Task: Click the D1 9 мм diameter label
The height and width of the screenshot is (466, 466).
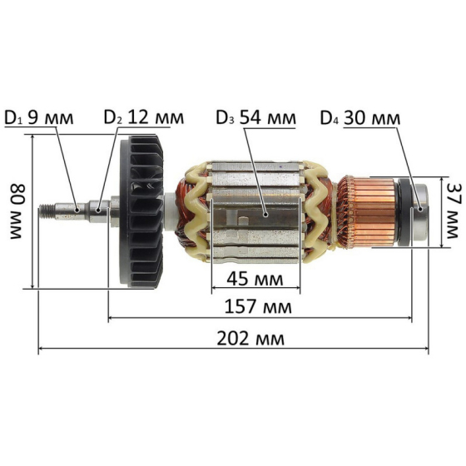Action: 39,118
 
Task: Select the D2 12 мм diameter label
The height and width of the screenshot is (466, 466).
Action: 144,117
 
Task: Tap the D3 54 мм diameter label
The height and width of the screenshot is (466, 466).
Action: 256,117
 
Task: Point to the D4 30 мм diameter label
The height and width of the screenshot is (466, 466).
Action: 360,118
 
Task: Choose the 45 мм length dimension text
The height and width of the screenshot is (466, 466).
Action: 255,279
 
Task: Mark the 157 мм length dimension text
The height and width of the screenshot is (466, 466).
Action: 258,306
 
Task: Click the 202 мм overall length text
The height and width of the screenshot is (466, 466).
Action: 250,338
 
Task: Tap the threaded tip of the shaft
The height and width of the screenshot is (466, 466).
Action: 47,211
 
